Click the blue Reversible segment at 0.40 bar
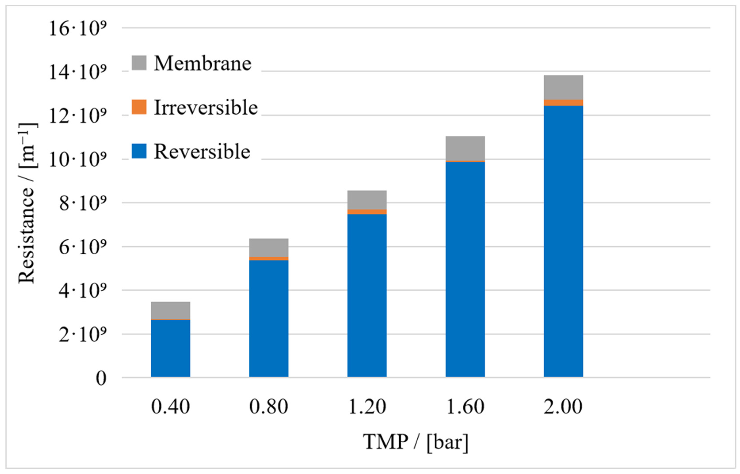170,348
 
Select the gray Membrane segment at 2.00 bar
563,88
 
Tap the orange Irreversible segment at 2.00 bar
563,103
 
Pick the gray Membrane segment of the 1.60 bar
465,148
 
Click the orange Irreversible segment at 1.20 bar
367,211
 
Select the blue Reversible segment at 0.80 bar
269,319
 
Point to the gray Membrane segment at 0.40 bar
170,310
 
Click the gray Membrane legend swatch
139,63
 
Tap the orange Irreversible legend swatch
139,107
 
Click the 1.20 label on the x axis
367,407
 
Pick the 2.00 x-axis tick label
563,407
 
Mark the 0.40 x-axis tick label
170,407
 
